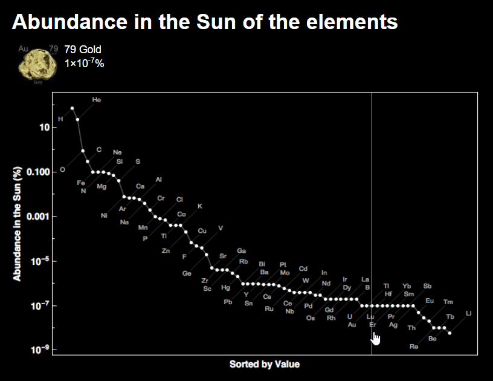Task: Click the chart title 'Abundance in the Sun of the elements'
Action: click(205, 22)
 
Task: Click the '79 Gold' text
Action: click(83, 50)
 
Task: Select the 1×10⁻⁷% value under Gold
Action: click(84, 62)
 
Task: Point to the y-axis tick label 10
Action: click(44, 128)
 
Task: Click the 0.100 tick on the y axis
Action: click(38, 172)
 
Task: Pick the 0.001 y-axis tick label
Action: click(38, 217)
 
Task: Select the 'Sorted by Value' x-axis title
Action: click(264, 364)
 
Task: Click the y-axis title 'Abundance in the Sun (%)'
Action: click(18, 223)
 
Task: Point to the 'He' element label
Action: click(97, 99)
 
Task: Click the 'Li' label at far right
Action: click(469, 313)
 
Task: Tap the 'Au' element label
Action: click(352, 325)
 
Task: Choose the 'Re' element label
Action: click(414, 347)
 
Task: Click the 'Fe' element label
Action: click(81, 183)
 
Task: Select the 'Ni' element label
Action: click(104, 215)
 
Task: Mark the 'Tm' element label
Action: click(448, 302)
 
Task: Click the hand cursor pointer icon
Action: click(376, 338)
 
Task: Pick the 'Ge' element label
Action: click(187, 273)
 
